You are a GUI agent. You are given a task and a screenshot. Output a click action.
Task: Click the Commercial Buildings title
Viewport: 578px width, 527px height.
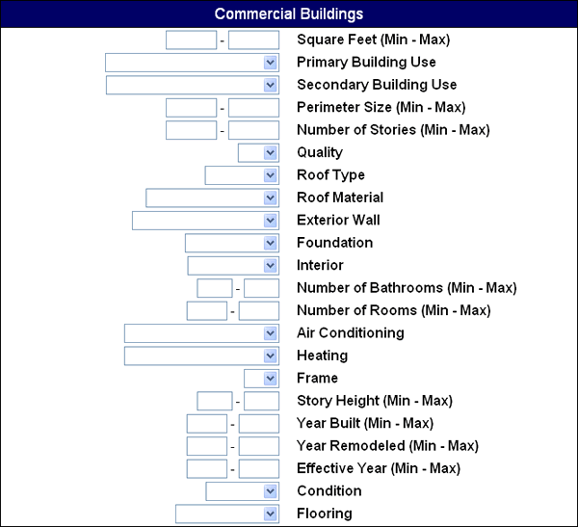289,14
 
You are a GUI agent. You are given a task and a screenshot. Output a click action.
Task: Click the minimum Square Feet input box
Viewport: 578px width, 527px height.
192,40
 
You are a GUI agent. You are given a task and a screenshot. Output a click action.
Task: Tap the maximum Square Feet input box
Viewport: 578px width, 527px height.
253,40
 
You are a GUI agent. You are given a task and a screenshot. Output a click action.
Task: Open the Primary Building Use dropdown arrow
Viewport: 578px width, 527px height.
271,63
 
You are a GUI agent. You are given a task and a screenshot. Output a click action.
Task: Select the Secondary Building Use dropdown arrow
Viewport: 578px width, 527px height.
271,85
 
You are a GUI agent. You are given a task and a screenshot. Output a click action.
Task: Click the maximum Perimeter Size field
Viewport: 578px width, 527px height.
253,108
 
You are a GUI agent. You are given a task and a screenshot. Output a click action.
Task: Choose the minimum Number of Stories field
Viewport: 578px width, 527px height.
192,130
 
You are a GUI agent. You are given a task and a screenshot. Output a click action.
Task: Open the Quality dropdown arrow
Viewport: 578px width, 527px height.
271,152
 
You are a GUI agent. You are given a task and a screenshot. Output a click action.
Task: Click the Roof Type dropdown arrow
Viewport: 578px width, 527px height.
271,175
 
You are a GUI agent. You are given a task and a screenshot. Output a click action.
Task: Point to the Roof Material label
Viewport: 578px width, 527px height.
340,198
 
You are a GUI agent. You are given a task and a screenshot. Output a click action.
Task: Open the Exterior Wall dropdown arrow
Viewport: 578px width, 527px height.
271,221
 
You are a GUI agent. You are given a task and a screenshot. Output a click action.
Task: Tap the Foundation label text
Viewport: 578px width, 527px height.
335,243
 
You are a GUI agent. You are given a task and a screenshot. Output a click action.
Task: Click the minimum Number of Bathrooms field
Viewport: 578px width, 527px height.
215,288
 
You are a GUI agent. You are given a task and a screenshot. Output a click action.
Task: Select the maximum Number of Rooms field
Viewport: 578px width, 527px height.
259,310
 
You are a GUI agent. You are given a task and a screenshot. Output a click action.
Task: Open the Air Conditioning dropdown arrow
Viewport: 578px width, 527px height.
271,333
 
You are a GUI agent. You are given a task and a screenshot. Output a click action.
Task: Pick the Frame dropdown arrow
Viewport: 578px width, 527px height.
271,379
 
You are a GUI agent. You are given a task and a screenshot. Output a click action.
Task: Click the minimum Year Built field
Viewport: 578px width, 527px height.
207,423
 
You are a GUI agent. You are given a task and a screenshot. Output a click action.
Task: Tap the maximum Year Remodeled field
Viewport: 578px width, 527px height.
259,446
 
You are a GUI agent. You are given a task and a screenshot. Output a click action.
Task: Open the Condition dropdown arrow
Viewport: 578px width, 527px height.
271,491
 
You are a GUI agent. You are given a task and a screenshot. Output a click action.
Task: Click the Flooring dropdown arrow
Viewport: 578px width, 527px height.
271,514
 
